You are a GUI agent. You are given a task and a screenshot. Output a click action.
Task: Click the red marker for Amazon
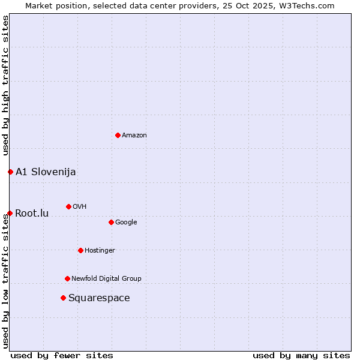(118, 135)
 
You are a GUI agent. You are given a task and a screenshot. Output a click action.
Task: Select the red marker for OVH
(68, 206)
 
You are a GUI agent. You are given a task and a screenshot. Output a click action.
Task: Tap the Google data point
(111, 222)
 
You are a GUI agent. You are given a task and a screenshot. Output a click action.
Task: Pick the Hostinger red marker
(80, 250)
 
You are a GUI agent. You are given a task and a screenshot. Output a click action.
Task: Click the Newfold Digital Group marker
(67, 278)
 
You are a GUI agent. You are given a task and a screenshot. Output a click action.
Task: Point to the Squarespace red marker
(63, 298)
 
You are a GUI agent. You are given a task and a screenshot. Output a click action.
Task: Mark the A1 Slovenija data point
(10, 172)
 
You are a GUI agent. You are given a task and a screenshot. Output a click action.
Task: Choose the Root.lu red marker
(10, 213)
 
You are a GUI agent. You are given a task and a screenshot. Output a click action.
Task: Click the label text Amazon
(134, 136)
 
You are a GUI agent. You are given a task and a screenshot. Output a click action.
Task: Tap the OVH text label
(80, 207)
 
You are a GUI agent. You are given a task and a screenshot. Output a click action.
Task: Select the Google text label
(126, 223)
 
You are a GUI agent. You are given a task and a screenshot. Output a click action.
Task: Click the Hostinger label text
(100, 251)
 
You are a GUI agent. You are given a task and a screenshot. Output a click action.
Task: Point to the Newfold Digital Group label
(106, 279)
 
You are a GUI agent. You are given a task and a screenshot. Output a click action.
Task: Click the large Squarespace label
(99, 298)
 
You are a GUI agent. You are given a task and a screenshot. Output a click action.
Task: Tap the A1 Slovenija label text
(46, 172)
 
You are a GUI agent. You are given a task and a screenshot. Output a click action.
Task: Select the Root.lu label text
(32, 214)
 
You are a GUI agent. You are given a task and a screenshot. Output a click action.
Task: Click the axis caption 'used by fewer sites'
(62, 355)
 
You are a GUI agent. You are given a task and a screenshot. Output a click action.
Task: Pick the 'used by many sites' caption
(301, 355)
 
